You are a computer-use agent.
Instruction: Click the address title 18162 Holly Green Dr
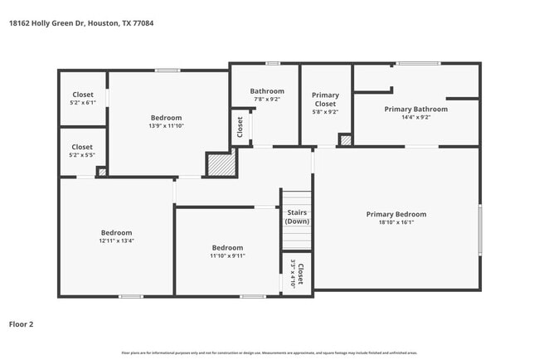(80, 23)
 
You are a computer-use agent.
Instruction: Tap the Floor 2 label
(22, 324)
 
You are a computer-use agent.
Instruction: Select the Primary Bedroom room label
(396, 214)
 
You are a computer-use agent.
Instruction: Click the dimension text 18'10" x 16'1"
(396, 222)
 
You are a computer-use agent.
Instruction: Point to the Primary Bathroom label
(415, 109)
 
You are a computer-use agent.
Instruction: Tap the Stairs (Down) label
(297, 217)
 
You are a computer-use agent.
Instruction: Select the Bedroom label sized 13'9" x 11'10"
(166, 122)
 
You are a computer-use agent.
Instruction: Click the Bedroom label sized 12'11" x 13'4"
(116, 236)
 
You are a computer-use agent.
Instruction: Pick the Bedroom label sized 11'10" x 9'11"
(227, 251)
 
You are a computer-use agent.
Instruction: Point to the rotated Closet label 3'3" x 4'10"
(297, 274)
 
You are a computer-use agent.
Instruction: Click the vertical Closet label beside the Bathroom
(240, 127)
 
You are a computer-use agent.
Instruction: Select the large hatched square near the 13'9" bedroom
(221, 163)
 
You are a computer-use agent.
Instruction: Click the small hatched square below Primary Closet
(346, 139)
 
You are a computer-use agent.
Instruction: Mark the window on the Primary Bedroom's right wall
(479, 230)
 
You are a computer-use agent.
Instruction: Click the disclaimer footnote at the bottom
(269, 353)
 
